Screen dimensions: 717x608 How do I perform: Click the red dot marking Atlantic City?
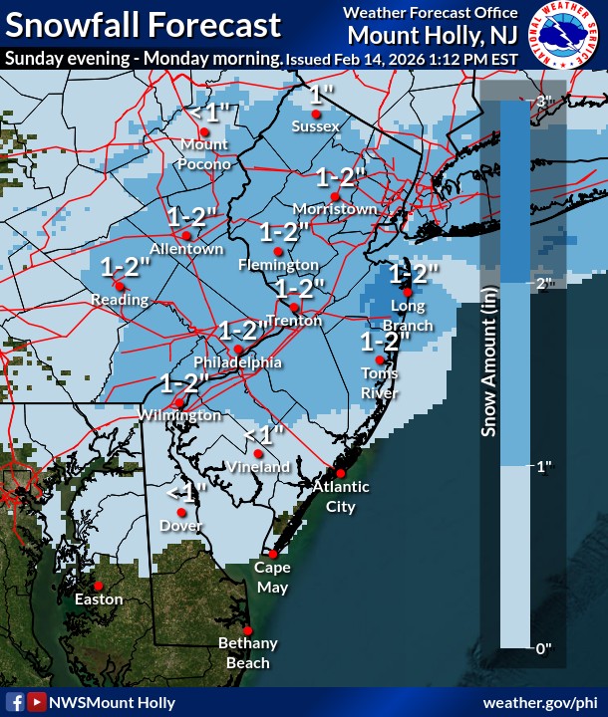340,473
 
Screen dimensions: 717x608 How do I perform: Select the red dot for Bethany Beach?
247,630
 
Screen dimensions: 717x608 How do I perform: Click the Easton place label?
100,599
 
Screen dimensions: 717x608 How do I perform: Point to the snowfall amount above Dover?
186,492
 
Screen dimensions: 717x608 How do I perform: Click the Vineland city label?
257,466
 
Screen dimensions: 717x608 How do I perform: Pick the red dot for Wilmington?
178,402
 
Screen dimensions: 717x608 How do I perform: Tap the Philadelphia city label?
237,362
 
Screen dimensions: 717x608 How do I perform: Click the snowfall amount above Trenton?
300,289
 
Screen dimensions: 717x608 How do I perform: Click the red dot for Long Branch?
407,293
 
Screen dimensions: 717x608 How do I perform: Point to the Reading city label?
120,300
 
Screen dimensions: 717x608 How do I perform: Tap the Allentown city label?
186,249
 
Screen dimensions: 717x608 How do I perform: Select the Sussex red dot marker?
316,115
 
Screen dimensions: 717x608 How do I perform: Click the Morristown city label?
336,209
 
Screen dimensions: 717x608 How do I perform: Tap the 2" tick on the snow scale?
545,284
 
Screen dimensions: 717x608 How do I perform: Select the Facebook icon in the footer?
15,703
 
